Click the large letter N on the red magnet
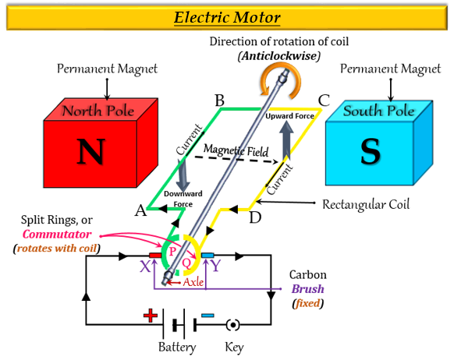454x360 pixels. (x=90, y=151)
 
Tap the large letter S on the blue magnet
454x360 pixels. (x=371, y=151)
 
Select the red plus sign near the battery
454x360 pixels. (x=151, y=316)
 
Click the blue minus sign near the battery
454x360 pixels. (x=207, y=316)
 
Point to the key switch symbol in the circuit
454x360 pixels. (x=232, y=325)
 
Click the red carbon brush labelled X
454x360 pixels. (x=155, y=256)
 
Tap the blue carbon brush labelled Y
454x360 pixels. (x=207, y=256)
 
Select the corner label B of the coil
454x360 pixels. (x=220, y=101)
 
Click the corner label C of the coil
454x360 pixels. (x=324, y=101)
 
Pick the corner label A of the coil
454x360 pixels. (x=140, y=210)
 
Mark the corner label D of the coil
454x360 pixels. (x=255, y=217)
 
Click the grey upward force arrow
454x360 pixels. (x=286, y=139)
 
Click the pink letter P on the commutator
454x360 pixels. (x=172, y=251)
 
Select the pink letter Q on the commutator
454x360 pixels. (x=186, y=263)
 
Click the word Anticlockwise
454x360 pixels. (x=279, y=55)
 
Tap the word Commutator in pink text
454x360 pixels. (x=57, y=234)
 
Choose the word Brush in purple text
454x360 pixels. (x=307, y=288)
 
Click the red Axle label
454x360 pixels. (x=193, y=282)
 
